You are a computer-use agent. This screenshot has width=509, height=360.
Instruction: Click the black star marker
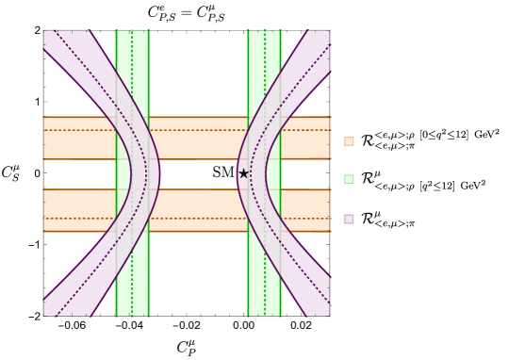(243, 173)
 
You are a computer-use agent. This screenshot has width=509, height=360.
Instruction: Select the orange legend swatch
(349, 141)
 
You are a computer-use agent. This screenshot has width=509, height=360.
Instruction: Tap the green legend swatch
(349, 179)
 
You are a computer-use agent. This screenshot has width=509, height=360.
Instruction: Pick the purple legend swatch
(349, 219)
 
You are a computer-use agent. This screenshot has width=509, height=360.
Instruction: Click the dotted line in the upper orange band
(198, 130)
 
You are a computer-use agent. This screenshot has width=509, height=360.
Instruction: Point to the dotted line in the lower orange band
(198, 219)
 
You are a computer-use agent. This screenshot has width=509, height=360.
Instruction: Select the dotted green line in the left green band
(132, 75)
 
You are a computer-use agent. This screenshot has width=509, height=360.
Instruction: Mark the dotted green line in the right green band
(264, 75)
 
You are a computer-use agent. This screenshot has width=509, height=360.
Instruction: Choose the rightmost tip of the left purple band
(159, 173)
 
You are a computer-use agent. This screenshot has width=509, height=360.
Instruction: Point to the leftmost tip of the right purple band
(238, 173)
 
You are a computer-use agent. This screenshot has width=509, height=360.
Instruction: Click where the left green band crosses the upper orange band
(132, 138)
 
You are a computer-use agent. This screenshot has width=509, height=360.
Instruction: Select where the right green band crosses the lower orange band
(264, 210)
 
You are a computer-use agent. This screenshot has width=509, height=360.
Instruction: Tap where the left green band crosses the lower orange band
(132, 210)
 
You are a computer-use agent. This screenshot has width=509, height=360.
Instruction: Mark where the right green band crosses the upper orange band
(264, 138)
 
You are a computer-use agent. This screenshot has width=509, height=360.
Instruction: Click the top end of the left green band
(132, 32)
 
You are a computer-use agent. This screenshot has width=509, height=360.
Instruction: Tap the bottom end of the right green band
(264, 315)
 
